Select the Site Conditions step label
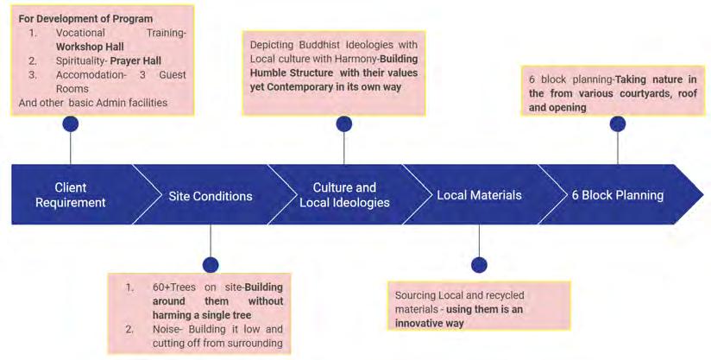point(211,196)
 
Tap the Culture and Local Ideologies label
point(344,195)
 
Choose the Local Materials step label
point(479,195)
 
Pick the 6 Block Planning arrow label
point(618,195)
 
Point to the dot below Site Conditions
point(210,264)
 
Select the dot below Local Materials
point(480,264)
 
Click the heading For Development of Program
point(85,19)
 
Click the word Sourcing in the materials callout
point(416,295)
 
